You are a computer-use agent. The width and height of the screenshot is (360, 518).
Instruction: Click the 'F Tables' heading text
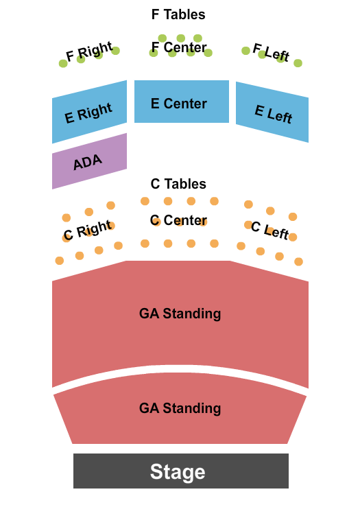(178, 14)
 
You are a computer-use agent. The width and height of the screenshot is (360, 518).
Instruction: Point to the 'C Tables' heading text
(178, 184)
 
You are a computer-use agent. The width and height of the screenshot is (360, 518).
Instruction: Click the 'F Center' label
(179, 48)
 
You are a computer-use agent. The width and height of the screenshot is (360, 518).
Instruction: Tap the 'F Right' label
(88, 53)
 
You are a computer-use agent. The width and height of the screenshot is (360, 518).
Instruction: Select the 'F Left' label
(271, 53)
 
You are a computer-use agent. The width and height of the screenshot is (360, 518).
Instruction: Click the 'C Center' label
(178, 220)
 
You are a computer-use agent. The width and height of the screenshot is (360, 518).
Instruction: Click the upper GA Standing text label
(180, 314)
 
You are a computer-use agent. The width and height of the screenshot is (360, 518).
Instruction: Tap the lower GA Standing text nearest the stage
(180, 408)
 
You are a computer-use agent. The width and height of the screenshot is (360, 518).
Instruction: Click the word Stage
(178, 472)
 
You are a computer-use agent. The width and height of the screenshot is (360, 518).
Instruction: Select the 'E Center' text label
(178, 104)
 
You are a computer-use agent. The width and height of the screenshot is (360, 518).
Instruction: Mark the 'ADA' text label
(88, 162)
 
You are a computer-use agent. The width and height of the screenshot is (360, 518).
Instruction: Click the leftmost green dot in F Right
(63, 64)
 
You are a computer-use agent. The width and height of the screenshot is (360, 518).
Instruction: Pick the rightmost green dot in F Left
(298, 63)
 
